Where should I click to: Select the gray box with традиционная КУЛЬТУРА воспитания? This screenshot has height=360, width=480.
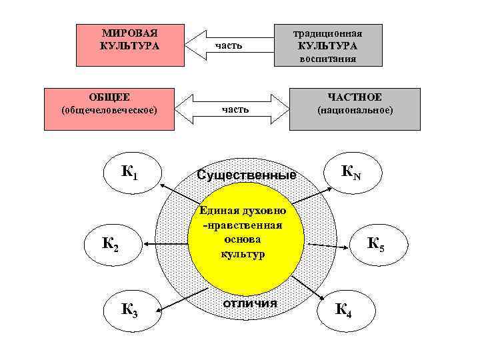coord(329,46)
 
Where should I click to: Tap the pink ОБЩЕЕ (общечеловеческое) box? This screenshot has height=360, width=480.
coord(109,107)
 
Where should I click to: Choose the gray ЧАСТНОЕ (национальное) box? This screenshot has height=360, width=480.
coord(355,107)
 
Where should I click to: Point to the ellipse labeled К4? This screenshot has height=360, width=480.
coord(345,309)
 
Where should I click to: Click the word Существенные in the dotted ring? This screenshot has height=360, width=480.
coord(247,175)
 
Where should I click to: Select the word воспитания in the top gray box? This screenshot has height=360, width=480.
coord(328,59)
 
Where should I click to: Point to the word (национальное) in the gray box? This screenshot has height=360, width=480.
coord(355,110)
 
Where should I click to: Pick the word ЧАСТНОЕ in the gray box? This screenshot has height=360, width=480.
coord(355,97)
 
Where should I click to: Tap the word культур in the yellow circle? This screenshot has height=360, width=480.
coord(242,253)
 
